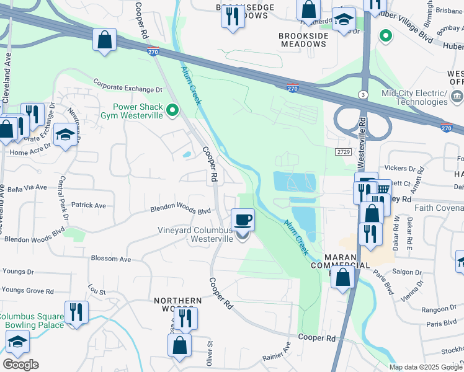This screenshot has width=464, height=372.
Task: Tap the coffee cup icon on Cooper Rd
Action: point(243,219)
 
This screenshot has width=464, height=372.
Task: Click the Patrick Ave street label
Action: point(88,205)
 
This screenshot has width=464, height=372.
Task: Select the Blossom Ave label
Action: point(111,259)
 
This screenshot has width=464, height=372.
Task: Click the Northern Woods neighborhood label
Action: point(177,304)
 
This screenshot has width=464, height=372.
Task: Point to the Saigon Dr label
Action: point(408,272)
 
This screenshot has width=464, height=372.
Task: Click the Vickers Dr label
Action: point(399,168)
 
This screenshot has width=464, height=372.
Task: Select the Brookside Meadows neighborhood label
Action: point(303,40)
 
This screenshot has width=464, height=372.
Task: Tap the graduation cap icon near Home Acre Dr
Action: point(65,135)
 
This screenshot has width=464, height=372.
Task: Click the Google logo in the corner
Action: point(20,365)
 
